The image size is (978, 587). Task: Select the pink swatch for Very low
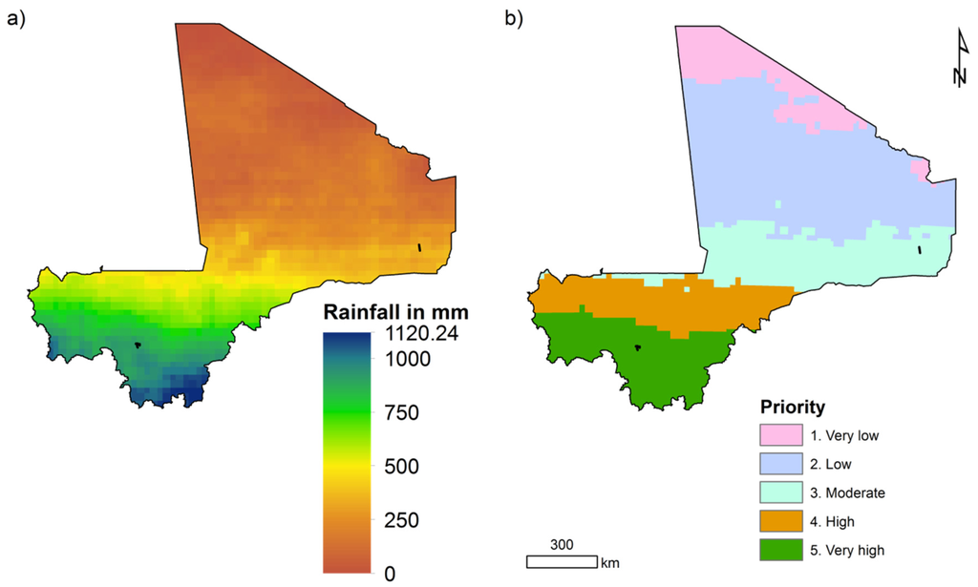(x=788, y=436)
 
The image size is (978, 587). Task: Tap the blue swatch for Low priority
(x=788, y=465)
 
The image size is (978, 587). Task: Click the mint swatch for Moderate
(x=788, y=493)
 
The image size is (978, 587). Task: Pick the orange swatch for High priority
(x=788, y=522)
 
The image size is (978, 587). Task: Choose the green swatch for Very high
(x=788, y=551)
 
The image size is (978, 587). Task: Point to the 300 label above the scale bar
(x=562, y=544)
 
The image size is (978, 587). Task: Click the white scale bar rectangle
(x=562, y=561)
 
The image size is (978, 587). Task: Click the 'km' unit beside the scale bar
(x=609, y=562)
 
